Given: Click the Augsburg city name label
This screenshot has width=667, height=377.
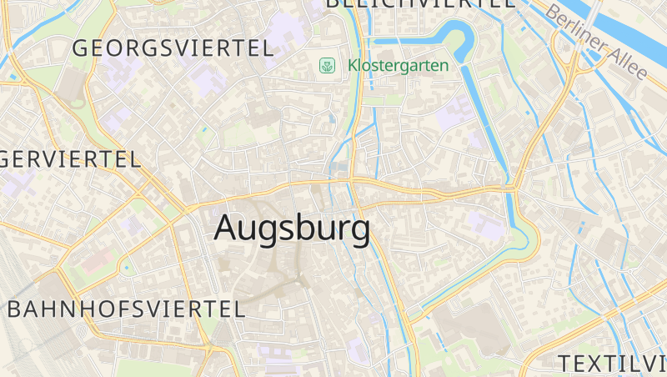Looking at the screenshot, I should [292, 229].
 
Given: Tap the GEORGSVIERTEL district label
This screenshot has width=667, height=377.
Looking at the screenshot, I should [173, 48].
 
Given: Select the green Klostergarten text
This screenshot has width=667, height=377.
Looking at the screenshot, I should [398, 65].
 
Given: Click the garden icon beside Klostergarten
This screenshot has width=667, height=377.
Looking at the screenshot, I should [329, 65].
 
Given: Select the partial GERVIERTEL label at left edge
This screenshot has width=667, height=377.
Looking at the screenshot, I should [70, 158].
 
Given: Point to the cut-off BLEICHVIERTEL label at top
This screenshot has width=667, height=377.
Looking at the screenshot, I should [420, 3].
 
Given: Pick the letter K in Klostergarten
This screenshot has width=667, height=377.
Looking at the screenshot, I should [353, 65].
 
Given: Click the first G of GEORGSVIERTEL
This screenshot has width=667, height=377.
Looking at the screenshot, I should [81, 48].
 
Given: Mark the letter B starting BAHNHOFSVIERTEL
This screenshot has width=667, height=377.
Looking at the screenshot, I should [15, 309].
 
